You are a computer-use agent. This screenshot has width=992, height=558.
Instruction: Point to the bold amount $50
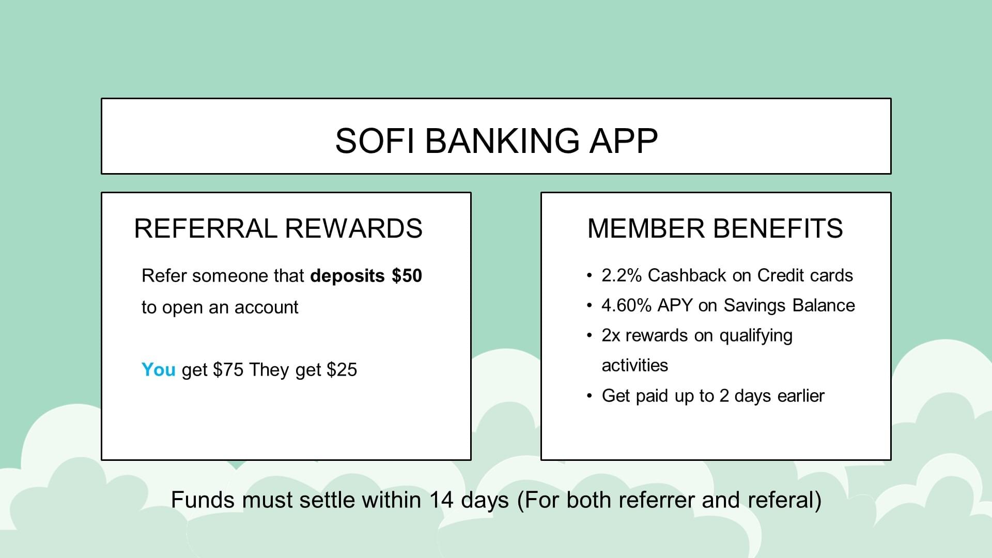pyautogui.click(x=407, y=275)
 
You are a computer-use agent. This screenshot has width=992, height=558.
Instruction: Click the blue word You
pyautogui.click(x=159, y=370)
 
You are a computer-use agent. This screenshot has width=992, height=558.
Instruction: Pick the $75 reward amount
pyautogui.click(x=228, y=370)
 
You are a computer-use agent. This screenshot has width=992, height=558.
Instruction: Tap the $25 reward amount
pyautogui.click(x=342, y=370)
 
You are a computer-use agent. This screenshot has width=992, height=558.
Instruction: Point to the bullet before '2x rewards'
pyautogui.click(x=590, y=336)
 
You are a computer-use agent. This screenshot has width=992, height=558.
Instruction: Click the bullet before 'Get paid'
pyautogui.click(x=590, y=396)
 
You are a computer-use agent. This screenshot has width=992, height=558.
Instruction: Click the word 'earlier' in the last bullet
pyautogui.click(x=801, y=396)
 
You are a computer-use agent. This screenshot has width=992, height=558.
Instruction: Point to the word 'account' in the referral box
pyautogui.click(x=267, y=307)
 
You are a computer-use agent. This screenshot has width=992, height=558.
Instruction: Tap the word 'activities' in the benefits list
pyautogui.click(x=635, y=365)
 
